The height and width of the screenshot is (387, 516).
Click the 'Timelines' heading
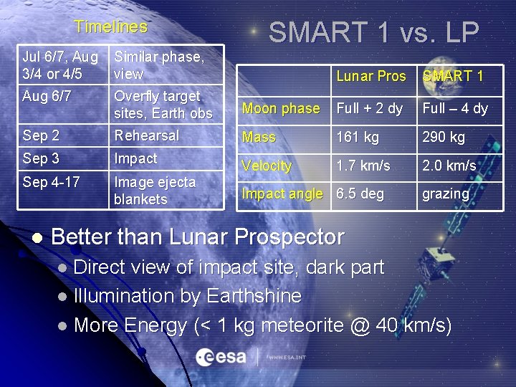(x=110, y=27)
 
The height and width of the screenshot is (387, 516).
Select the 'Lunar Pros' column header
(x=371, y=77)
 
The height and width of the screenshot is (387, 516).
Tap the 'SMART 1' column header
(x=452, y=77)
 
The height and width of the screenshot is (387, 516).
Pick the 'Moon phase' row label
(x=281, y=109)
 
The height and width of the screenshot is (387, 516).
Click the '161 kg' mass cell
(x=360, y=137)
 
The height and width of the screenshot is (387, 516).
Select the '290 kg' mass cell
(x=443, y=137)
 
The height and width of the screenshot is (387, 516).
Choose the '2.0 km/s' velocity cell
(x=449, y=166)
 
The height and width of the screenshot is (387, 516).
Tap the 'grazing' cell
(x=446, y=194)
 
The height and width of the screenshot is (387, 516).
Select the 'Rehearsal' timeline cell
(x=147, y=135)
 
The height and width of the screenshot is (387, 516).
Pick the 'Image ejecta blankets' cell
(x=154, y=191)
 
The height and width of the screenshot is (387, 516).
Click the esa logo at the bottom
(x=222, y=356)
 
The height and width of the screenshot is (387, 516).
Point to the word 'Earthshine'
(x=253, y=296)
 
